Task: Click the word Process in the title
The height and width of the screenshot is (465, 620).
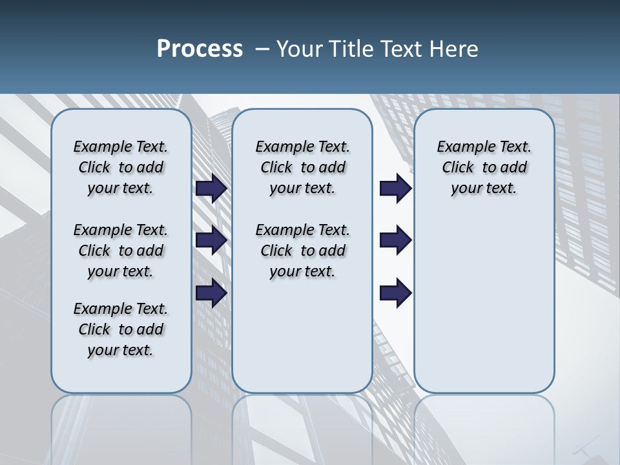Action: tap(200, 49)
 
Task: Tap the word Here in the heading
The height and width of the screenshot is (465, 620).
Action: tap(455, 49)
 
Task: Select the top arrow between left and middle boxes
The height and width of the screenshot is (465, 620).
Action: tap(211, 188)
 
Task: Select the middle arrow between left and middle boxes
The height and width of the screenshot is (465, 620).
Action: tap(211, 240)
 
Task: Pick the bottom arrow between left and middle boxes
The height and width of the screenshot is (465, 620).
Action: tap(211, 293)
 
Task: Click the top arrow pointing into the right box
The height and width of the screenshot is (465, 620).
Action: tap(395, 188)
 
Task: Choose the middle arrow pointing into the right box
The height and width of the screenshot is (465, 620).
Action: tap(395, 240)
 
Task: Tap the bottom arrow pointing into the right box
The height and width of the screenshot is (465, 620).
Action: tap(395, 293)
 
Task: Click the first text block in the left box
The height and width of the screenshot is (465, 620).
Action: tap(121, 167)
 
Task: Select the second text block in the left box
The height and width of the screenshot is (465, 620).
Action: tap(121, 251)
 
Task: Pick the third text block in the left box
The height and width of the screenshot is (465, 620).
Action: tap(121, 329)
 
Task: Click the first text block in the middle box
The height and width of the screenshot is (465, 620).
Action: tap(302, 167)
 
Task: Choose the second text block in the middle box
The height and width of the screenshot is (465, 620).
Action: tap(302, 251)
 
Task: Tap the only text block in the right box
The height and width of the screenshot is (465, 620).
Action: tap(484, 167)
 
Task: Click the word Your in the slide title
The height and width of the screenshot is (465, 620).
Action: tap(299, 49)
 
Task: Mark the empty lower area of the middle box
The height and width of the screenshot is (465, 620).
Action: tap(302, 336)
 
